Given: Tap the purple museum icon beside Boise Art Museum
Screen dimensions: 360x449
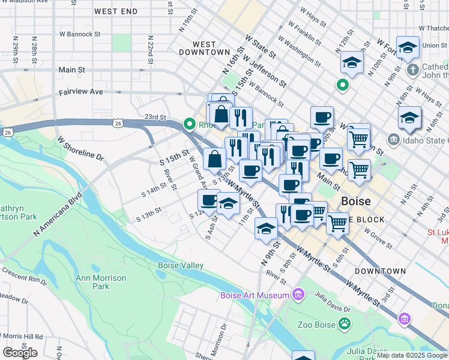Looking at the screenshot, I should pyautogui.click(x=297, y=294).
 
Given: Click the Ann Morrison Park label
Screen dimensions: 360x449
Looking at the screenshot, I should pyautogui.click(x=101, y=282).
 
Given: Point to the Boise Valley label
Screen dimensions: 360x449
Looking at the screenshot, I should pyautogui.click(x=181, y=265).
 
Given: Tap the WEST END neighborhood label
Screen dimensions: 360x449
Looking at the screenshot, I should pyautogui.click(x=116, y=11).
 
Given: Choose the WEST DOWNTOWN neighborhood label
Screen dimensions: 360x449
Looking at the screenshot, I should pyautogui.click(x=204, y=49).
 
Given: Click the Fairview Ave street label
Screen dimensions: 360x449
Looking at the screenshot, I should pyautogui.click(x=80, y=92).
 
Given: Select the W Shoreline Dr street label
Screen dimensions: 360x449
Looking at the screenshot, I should pyautogui.click(x=80, y=148).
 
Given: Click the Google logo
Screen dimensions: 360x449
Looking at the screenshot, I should pyautogui.click(x=20, y=352).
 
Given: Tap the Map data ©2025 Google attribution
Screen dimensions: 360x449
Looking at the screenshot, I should pyautogui.click(x=412, y=355).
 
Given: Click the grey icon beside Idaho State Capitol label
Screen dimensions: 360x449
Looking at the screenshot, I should pyautogui.click(x=393, y=140).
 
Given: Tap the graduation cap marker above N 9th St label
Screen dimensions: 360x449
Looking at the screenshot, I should pyautogui.click(x=266, y=227).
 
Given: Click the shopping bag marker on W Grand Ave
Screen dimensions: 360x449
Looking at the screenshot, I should pyautogui.click(x=214, y=159).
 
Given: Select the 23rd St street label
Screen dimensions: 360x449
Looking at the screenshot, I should pyautogui.click(x=155, y=117).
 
